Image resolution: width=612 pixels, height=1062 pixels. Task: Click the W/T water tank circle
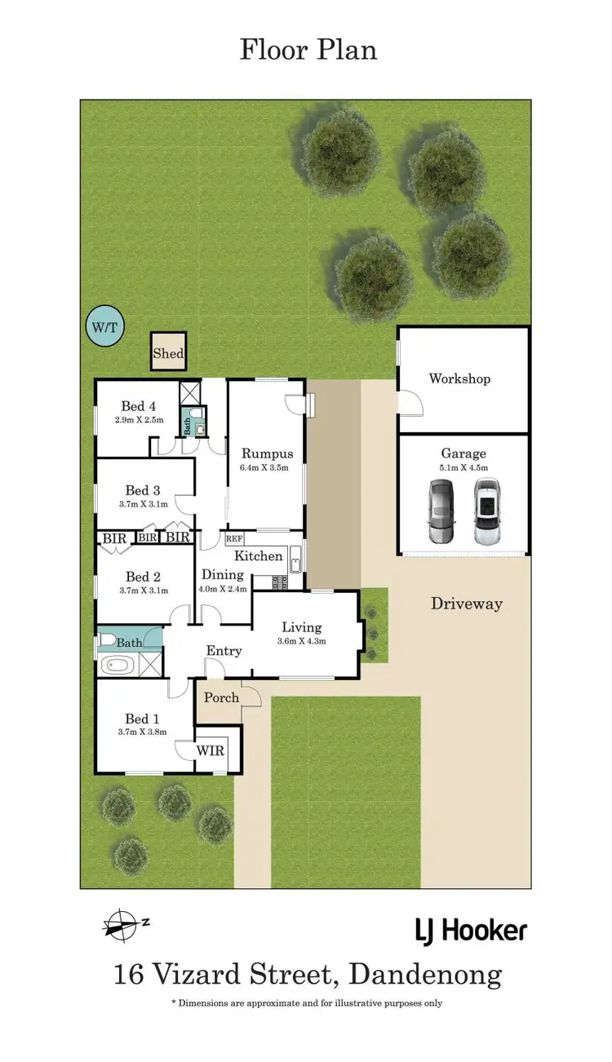coord(105,327)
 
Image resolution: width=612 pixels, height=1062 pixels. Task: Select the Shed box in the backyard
coord(169,353)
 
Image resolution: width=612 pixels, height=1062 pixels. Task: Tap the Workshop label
coord(459,378)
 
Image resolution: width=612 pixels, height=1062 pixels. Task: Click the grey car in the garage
coord(441,511)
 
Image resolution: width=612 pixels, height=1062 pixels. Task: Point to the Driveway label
coord(467,604)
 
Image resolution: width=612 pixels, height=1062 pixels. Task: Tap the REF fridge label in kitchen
coord(234,539)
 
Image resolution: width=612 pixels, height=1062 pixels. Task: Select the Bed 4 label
coord(138,406)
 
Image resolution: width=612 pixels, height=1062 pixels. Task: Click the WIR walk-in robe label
coord(210,750)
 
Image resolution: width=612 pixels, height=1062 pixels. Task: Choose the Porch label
coord(221,697)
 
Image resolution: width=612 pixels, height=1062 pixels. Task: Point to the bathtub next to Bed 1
coord(119,665)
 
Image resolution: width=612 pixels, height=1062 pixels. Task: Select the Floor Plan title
coord(308,50)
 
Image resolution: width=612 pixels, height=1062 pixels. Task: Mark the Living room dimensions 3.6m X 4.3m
coord(302,640)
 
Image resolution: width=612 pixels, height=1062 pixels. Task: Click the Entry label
coord(224,650)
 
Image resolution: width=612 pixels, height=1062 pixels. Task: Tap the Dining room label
coord(223,574)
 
